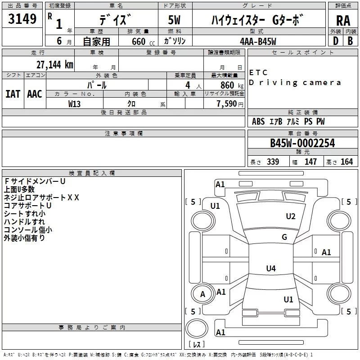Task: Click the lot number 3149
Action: (22, 19)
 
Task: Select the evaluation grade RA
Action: (343, 21)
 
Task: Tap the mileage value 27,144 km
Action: (55, 65)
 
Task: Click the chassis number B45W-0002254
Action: (302, 143)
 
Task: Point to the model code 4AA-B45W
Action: (258, 41)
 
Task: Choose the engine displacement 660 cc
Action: (143, 42)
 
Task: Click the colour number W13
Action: (74, 104)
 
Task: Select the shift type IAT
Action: (13, 94)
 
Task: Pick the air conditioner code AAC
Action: (35, 94)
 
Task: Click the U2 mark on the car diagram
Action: (291, 216)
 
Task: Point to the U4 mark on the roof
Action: (271, 268)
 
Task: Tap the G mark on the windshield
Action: (284, 237)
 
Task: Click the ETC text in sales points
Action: (258, 72)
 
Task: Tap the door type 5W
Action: (174, 20)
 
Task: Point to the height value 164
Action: (346, 162)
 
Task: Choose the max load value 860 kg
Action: (232, 85)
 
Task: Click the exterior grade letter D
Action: (336, 41)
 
